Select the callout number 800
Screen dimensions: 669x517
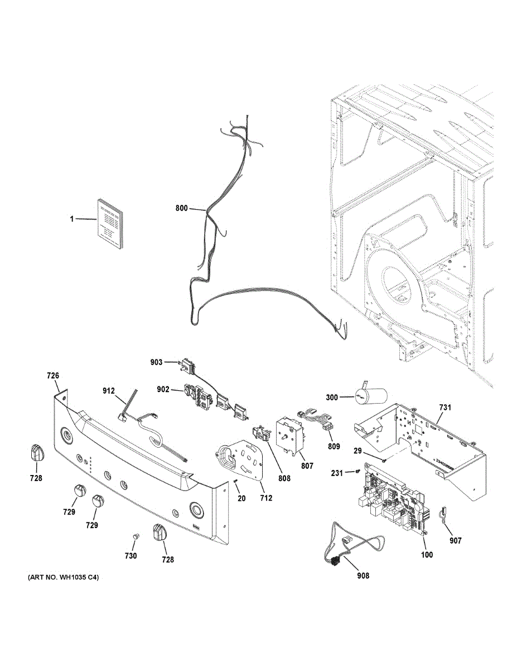pos(181,209)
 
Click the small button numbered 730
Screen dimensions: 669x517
pos(134,536)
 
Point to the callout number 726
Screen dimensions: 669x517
pos(52,376)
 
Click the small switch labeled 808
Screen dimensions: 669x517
pos(259,433)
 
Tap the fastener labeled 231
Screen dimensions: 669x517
pos(356,472)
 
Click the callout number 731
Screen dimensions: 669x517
pos(444,408)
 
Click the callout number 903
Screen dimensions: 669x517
pos(157,362)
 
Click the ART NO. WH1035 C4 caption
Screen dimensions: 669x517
pos(63,578)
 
